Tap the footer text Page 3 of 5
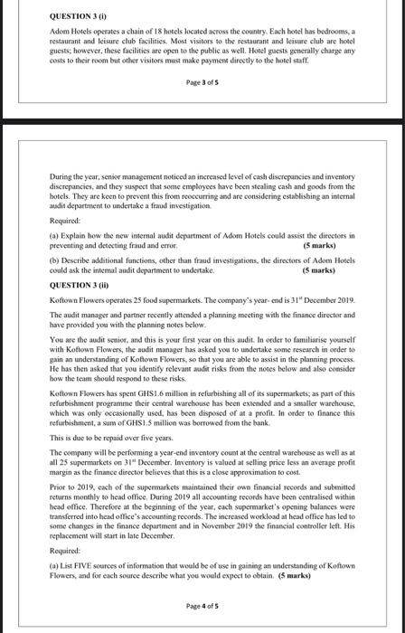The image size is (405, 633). pyautogui.click(x=202, y=81)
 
